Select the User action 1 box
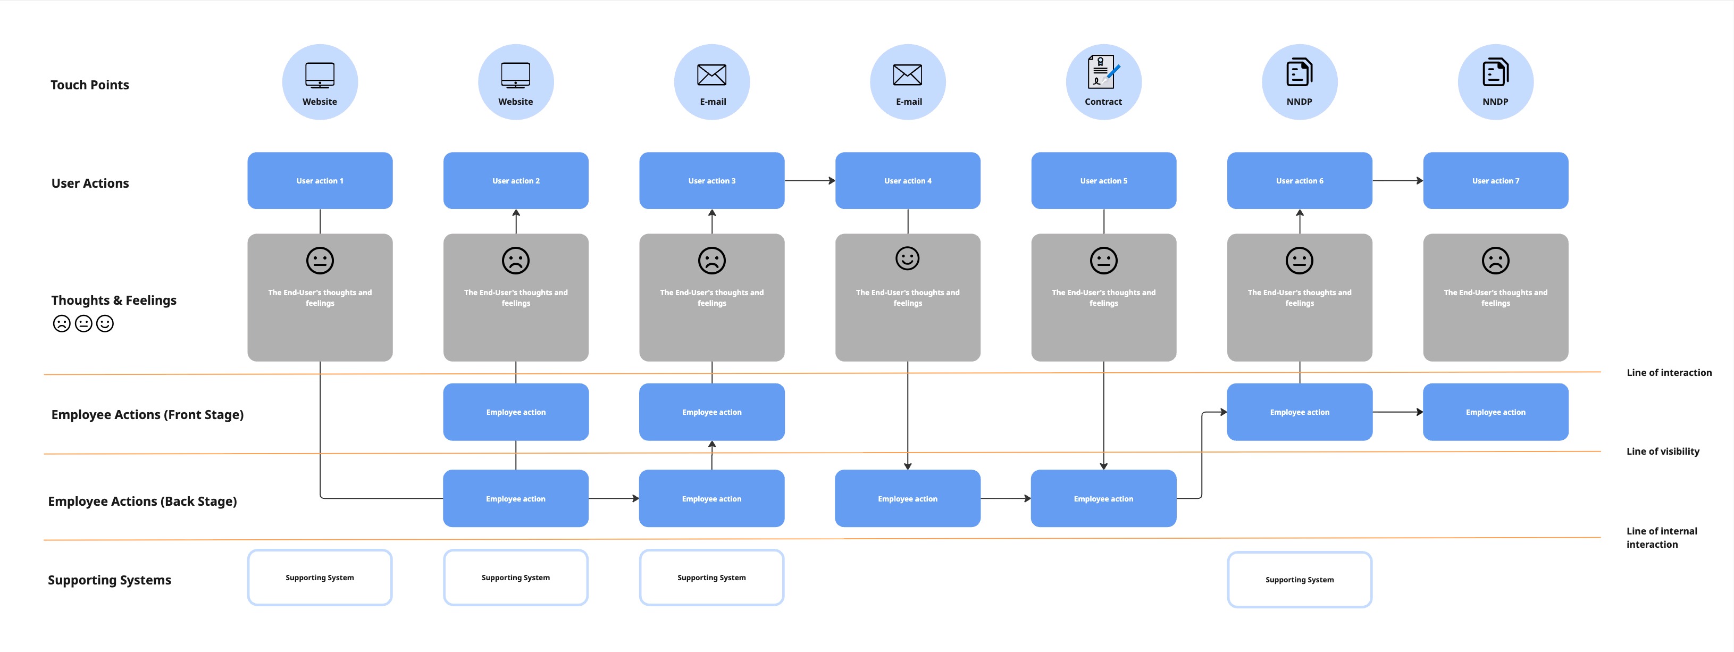[320, 180]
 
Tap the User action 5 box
[1103, 180]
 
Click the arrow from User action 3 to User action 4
[810, 180]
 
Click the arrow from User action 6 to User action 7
[1397, 180]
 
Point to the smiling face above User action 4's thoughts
[907, 258]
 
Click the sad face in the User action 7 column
[1495, 261]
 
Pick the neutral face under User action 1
[320, 261]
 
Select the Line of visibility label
[1662, 452]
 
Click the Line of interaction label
[1668, 372]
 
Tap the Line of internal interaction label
[1661, 538]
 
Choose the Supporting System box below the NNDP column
[1299, 579]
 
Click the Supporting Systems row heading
[109, 580]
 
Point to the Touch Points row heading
[89, 85]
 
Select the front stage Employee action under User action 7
[1495, 412]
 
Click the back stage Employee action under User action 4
[907, 498]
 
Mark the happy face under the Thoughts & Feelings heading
[105, 324]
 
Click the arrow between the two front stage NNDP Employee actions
[1397, 412]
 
